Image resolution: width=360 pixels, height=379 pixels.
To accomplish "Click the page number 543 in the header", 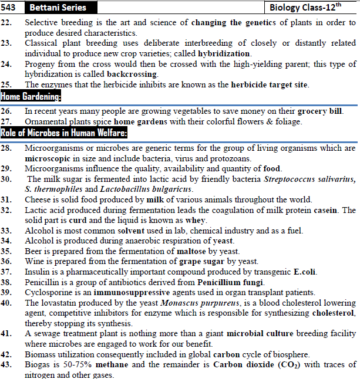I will coord(11,8).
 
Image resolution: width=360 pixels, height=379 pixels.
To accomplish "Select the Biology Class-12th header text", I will coord(311,8).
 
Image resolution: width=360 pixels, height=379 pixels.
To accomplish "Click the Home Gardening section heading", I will coord(31,96).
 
